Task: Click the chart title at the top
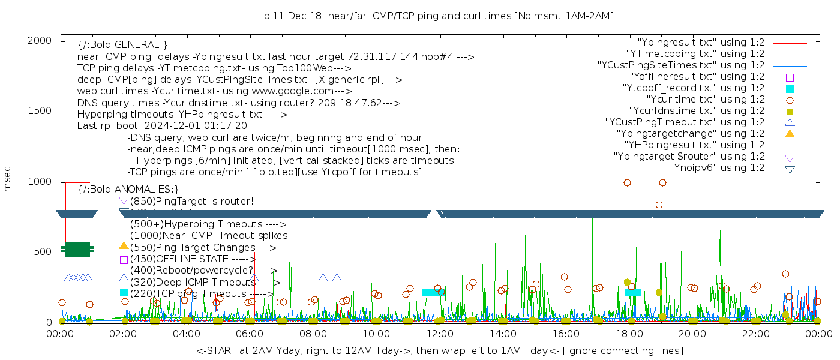439,16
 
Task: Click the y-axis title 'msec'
8,181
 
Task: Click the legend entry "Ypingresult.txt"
701,43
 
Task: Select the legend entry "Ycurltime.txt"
705,100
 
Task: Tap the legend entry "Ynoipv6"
717,168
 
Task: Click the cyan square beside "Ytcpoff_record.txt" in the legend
790,88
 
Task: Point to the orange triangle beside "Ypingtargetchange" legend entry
790,134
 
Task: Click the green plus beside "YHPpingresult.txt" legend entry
790,145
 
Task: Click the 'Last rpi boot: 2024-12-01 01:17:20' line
162,126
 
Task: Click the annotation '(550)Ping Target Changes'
193,247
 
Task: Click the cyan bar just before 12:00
433,292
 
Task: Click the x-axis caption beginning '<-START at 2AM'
439,350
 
